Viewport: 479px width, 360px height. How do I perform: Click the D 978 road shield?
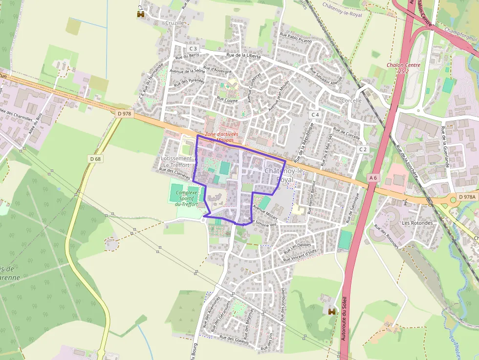click(125, 113)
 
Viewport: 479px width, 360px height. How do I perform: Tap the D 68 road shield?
click(96, 159)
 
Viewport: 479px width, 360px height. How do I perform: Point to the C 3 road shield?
click(193, 48)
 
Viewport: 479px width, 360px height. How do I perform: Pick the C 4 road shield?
click(315, 115)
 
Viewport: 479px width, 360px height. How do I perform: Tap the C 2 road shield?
click(363, 149)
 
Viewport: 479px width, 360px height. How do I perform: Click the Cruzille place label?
click(174, 22)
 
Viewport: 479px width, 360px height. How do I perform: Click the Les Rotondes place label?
click(417, 223)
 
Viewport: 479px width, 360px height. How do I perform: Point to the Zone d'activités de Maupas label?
click(221, 137)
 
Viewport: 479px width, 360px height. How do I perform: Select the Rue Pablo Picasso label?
click(295, 38)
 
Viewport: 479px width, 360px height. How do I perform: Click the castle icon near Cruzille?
click(141, 15)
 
